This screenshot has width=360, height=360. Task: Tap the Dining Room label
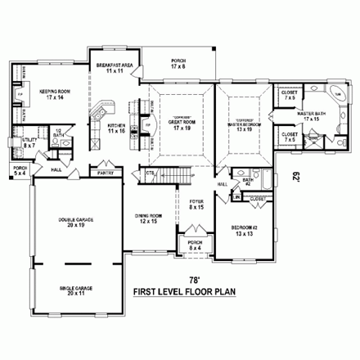point(149,218)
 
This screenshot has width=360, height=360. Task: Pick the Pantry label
point(105,173)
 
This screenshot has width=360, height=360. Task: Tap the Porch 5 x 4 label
point(20,171)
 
